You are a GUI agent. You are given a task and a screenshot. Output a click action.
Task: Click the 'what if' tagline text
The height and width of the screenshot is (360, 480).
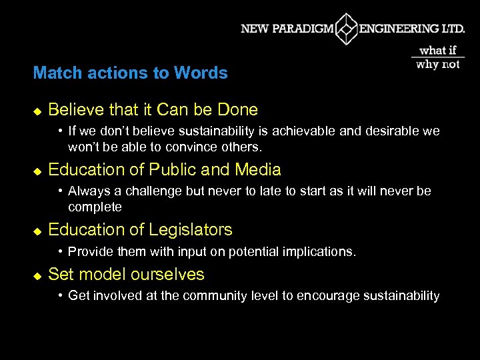tap(438, 51)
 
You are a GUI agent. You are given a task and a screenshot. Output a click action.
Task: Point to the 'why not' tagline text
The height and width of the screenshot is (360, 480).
tap(438, 65)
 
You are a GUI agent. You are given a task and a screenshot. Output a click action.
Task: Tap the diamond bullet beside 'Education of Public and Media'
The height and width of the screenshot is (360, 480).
tap(37, 171)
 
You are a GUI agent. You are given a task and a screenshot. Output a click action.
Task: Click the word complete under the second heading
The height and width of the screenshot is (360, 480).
tap(95, 207)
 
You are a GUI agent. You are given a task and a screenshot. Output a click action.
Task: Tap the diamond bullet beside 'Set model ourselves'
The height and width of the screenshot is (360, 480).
tap(37, 275)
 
